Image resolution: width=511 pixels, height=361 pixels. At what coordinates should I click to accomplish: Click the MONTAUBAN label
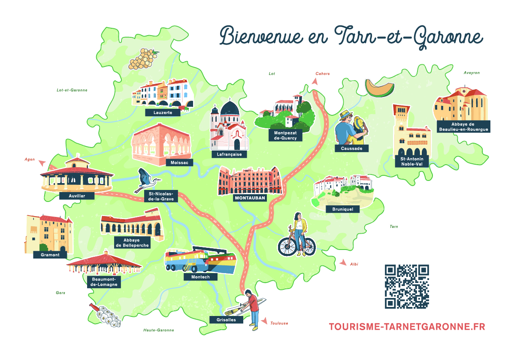[x=250, y=198]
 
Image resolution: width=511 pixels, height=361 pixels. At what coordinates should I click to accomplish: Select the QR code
[x=407, y=286]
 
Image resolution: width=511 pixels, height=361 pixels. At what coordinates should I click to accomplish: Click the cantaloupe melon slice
[x=380, y=88]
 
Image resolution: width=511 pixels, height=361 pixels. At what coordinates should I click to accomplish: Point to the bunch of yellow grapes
[x=142, y=59]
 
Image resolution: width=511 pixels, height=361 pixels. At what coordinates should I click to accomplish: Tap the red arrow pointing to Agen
[x=42, y=163]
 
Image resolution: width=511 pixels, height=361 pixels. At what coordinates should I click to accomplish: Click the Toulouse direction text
[x=279, y=323]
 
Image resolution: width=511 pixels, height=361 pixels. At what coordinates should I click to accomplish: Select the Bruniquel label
[x=343, y=209]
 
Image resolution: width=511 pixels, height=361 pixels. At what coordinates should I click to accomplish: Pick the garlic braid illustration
[x=105, y=315]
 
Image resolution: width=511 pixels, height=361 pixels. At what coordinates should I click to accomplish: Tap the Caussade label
[x=352, y=148]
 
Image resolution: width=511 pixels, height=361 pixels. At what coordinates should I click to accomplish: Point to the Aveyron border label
[x=472, y=73]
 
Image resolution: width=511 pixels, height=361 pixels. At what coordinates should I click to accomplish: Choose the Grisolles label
[x=226, y=319]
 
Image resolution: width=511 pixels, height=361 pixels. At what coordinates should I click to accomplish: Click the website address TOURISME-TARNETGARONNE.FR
[x=407, y=327]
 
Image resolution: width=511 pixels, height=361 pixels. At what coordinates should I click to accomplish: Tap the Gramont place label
[x=50, y=255]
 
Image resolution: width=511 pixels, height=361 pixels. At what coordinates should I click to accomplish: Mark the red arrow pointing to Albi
[x=343, y=262]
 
